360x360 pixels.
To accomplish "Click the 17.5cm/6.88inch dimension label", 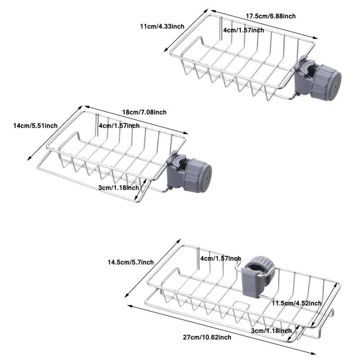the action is point(271,16).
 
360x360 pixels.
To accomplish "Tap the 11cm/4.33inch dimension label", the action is point(162,27).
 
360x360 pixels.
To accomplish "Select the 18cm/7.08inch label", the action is point(144,112).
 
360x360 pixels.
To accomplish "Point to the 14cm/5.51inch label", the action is point(36,126).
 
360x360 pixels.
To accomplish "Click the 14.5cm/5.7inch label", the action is point(131,262).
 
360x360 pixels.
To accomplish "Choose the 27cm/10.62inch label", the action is point(207,337).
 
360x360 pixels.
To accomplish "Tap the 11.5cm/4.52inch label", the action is point(297,303).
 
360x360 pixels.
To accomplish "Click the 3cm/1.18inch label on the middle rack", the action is point(119,188).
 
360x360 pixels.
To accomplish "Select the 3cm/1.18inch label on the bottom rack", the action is point(271,331).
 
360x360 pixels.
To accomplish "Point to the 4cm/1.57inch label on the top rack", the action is point(243,30).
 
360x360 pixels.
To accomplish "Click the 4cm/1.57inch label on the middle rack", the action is point(119,126).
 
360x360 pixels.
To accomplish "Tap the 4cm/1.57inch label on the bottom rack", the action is point(220,258).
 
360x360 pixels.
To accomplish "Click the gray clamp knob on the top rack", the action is point(326,82).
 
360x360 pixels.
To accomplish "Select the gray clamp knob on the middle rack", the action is point(198,175).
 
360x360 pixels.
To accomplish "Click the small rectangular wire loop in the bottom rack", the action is point(241,305).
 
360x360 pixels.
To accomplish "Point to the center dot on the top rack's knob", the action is point(335,87).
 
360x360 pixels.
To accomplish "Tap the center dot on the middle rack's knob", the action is point(207,178).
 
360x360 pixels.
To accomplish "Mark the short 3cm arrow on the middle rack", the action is point(140,189).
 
